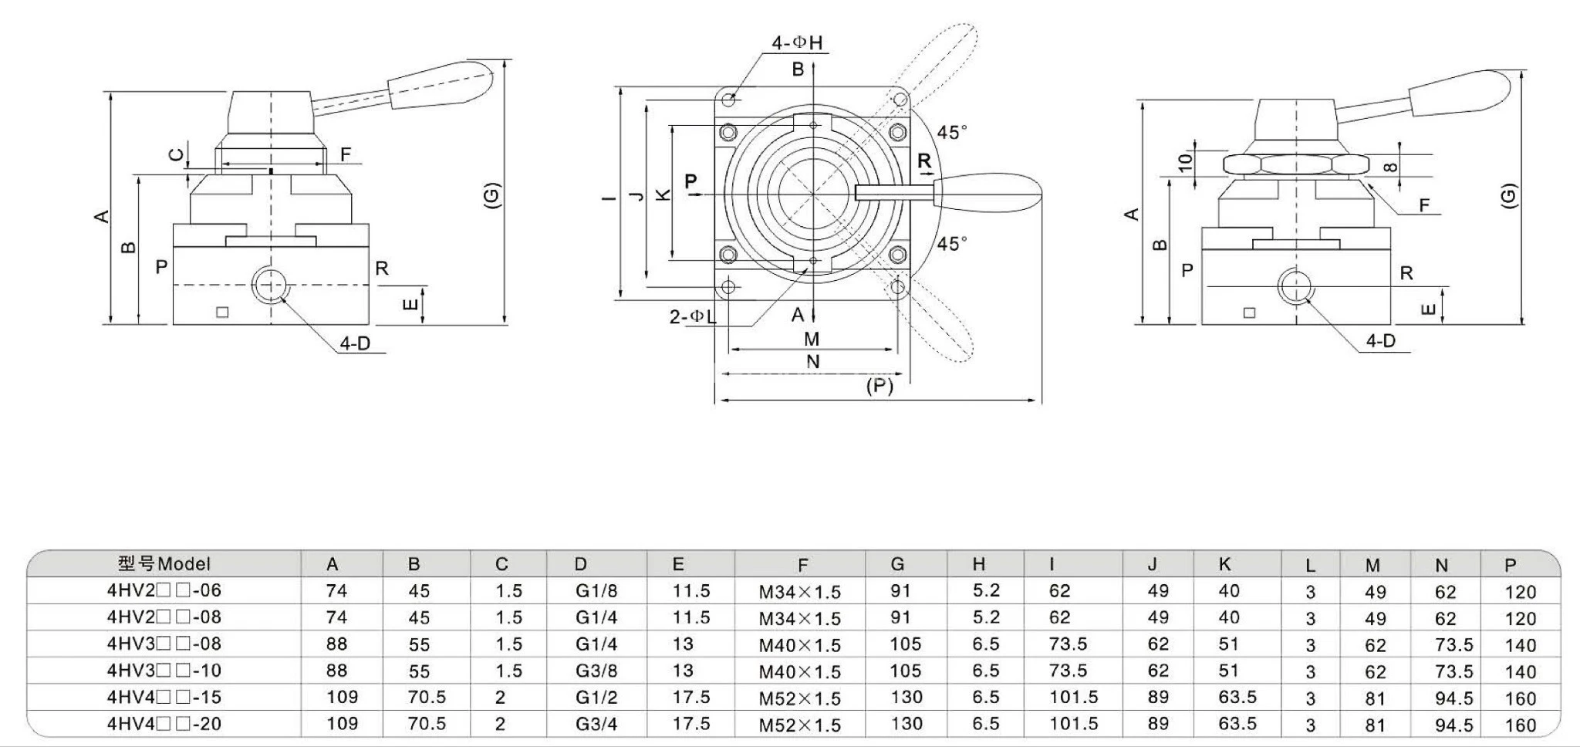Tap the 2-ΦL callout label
(693, 316)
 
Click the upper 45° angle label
(951, 133)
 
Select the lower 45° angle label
(951, 244)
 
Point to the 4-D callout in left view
(356, 343)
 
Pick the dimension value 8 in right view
(1389, 167)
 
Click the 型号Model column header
(164, 564)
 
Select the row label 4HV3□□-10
(164, 670)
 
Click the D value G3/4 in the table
(596, 724)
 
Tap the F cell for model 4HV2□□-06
(799, 592)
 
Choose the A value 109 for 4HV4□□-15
(342, 697)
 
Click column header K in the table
(1224, 564)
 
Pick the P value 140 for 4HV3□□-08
(1520, 645)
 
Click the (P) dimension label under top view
(879, 385)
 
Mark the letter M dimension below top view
(812, 339)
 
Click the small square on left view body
(223, 312)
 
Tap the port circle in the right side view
(1295, 286)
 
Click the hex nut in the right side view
(1295, 164)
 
